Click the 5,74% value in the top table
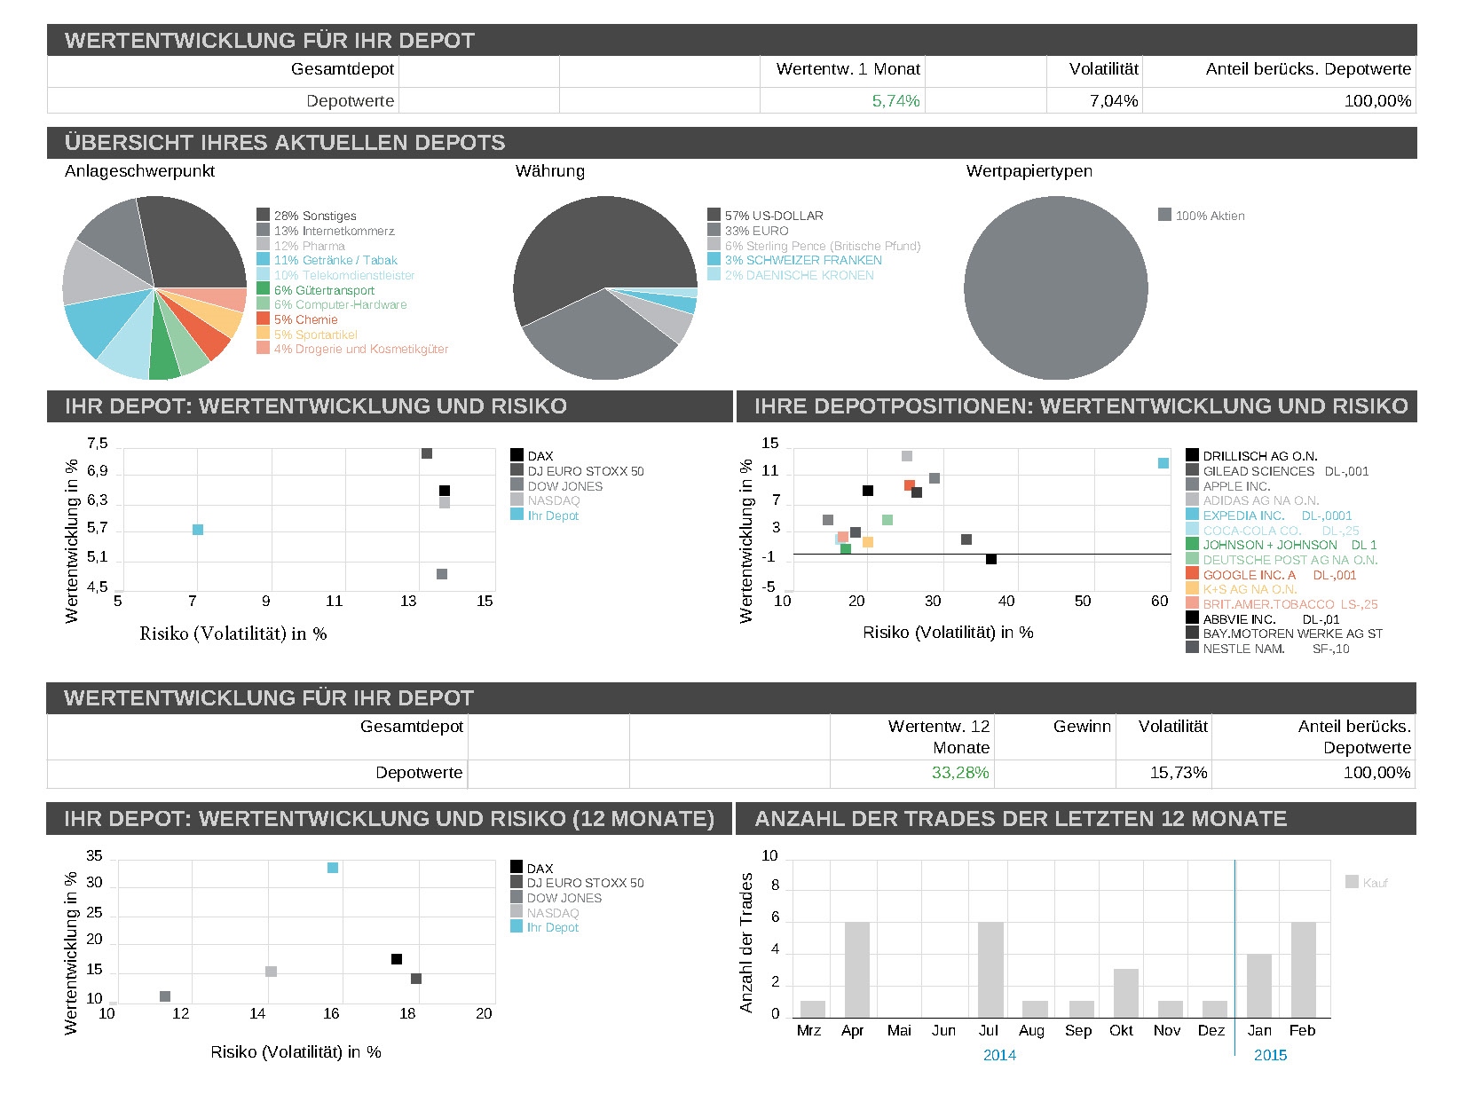(895, 101)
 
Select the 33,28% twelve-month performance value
(959, 773)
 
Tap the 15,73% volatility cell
(1178, 773)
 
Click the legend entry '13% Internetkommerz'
(334, 231)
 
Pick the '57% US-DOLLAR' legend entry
(773, 216)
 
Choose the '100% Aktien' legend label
(1209, 216)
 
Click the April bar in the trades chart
(856, 969)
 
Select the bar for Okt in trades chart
(1125, 993)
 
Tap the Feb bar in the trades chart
(1303, 969)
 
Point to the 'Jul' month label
(988, 1030)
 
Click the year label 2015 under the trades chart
(1270, 1055)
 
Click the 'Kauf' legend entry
(1375, 883)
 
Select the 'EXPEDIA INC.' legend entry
(1242, 516)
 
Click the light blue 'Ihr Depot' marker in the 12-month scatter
(333, 868)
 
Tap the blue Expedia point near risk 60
(1163, 463)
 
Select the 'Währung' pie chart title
(549, 171)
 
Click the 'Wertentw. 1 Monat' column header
(848, 69)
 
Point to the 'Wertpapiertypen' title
(1029, 171)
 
